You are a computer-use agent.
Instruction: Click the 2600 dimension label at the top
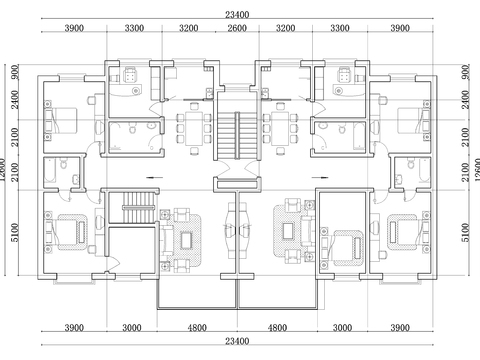pos(237,30)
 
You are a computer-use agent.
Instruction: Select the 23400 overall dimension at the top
pos(237,13)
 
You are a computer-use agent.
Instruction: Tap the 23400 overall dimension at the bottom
pos(237,342)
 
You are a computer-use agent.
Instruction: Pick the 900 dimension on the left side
pos(14,73)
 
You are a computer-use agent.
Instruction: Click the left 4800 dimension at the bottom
pos(198,327)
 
